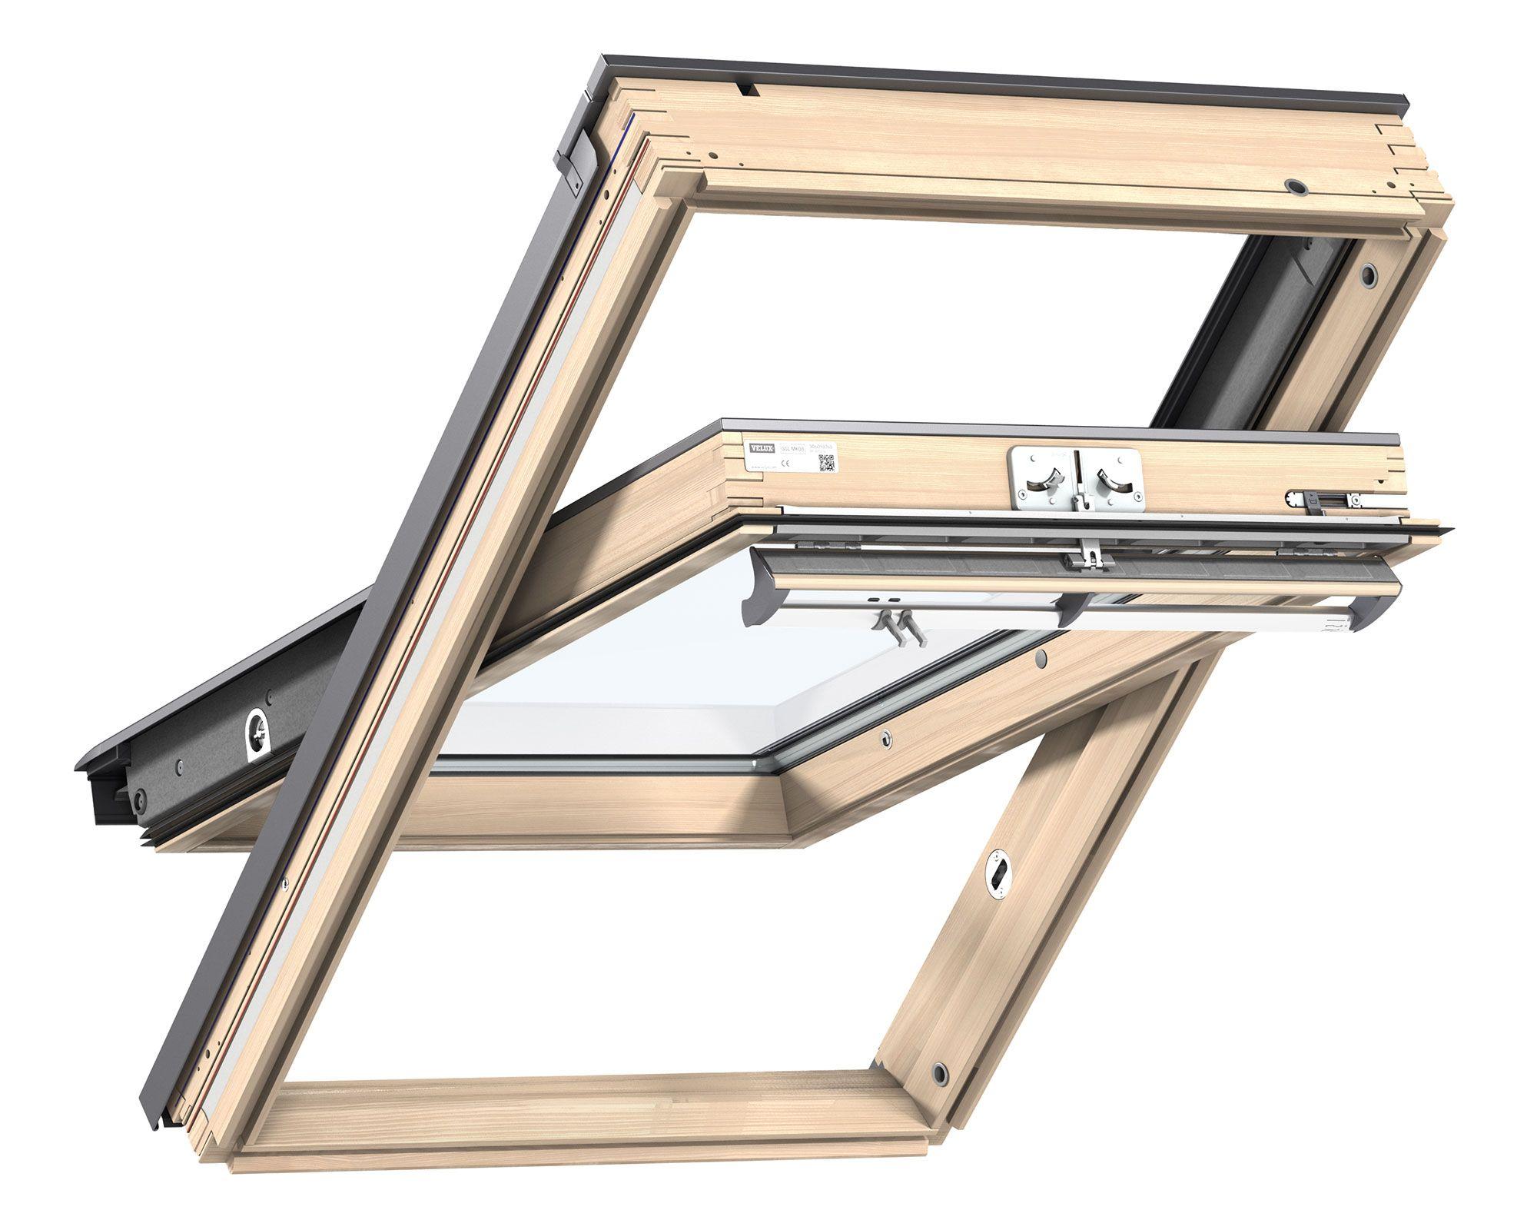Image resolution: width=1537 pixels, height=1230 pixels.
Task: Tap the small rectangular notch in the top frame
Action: point(746,90)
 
